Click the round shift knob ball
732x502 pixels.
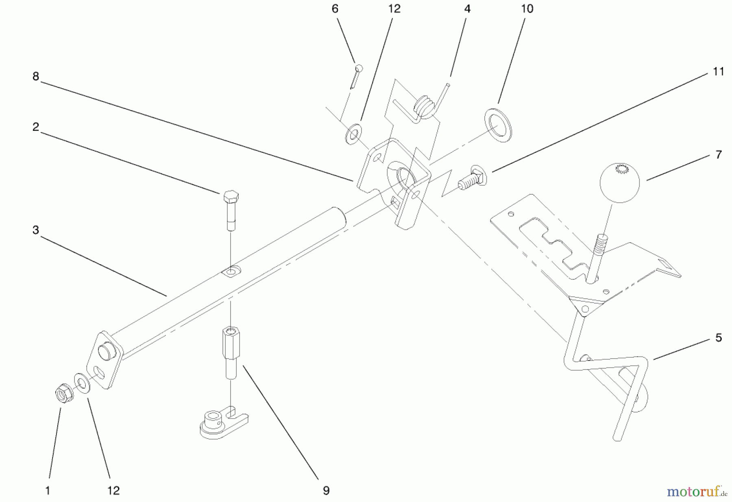click(x=619, y=182)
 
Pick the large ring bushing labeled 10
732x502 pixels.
click(x=498, y=125)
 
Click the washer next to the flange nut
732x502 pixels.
click(x=83, y=385)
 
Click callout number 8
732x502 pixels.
click(x=36, y=76)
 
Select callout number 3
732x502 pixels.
click(x=36, y=230)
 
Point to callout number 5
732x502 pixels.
click(x=718, y=338)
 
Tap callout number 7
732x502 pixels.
click(x=718, y=155)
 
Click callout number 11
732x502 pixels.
click(x=718, y=72)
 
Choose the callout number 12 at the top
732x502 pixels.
click(x=394, y=9)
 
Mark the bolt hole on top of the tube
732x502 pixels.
click(x=231, y=271)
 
